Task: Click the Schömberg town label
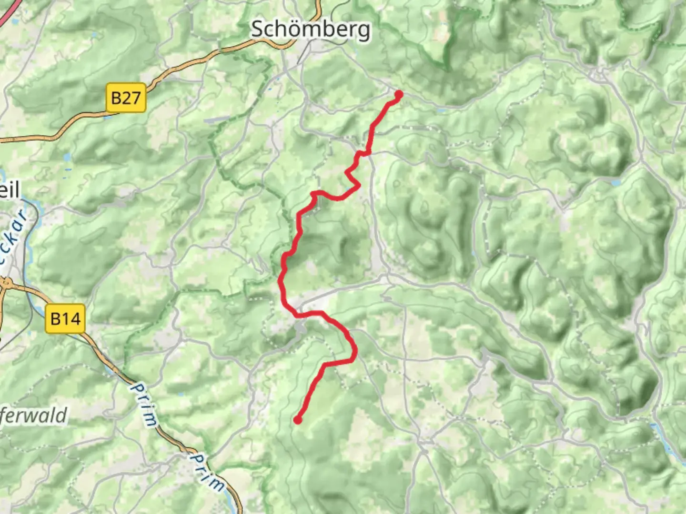[310, 30]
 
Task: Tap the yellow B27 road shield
[125, 98]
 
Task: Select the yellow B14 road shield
[66, 318]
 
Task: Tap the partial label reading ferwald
[33, 416]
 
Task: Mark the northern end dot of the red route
[398, 94]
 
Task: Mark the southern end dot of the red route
[298, 420]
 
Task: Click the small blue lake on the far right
[616, 182]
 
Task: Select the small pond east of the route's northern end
[441, 109]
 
